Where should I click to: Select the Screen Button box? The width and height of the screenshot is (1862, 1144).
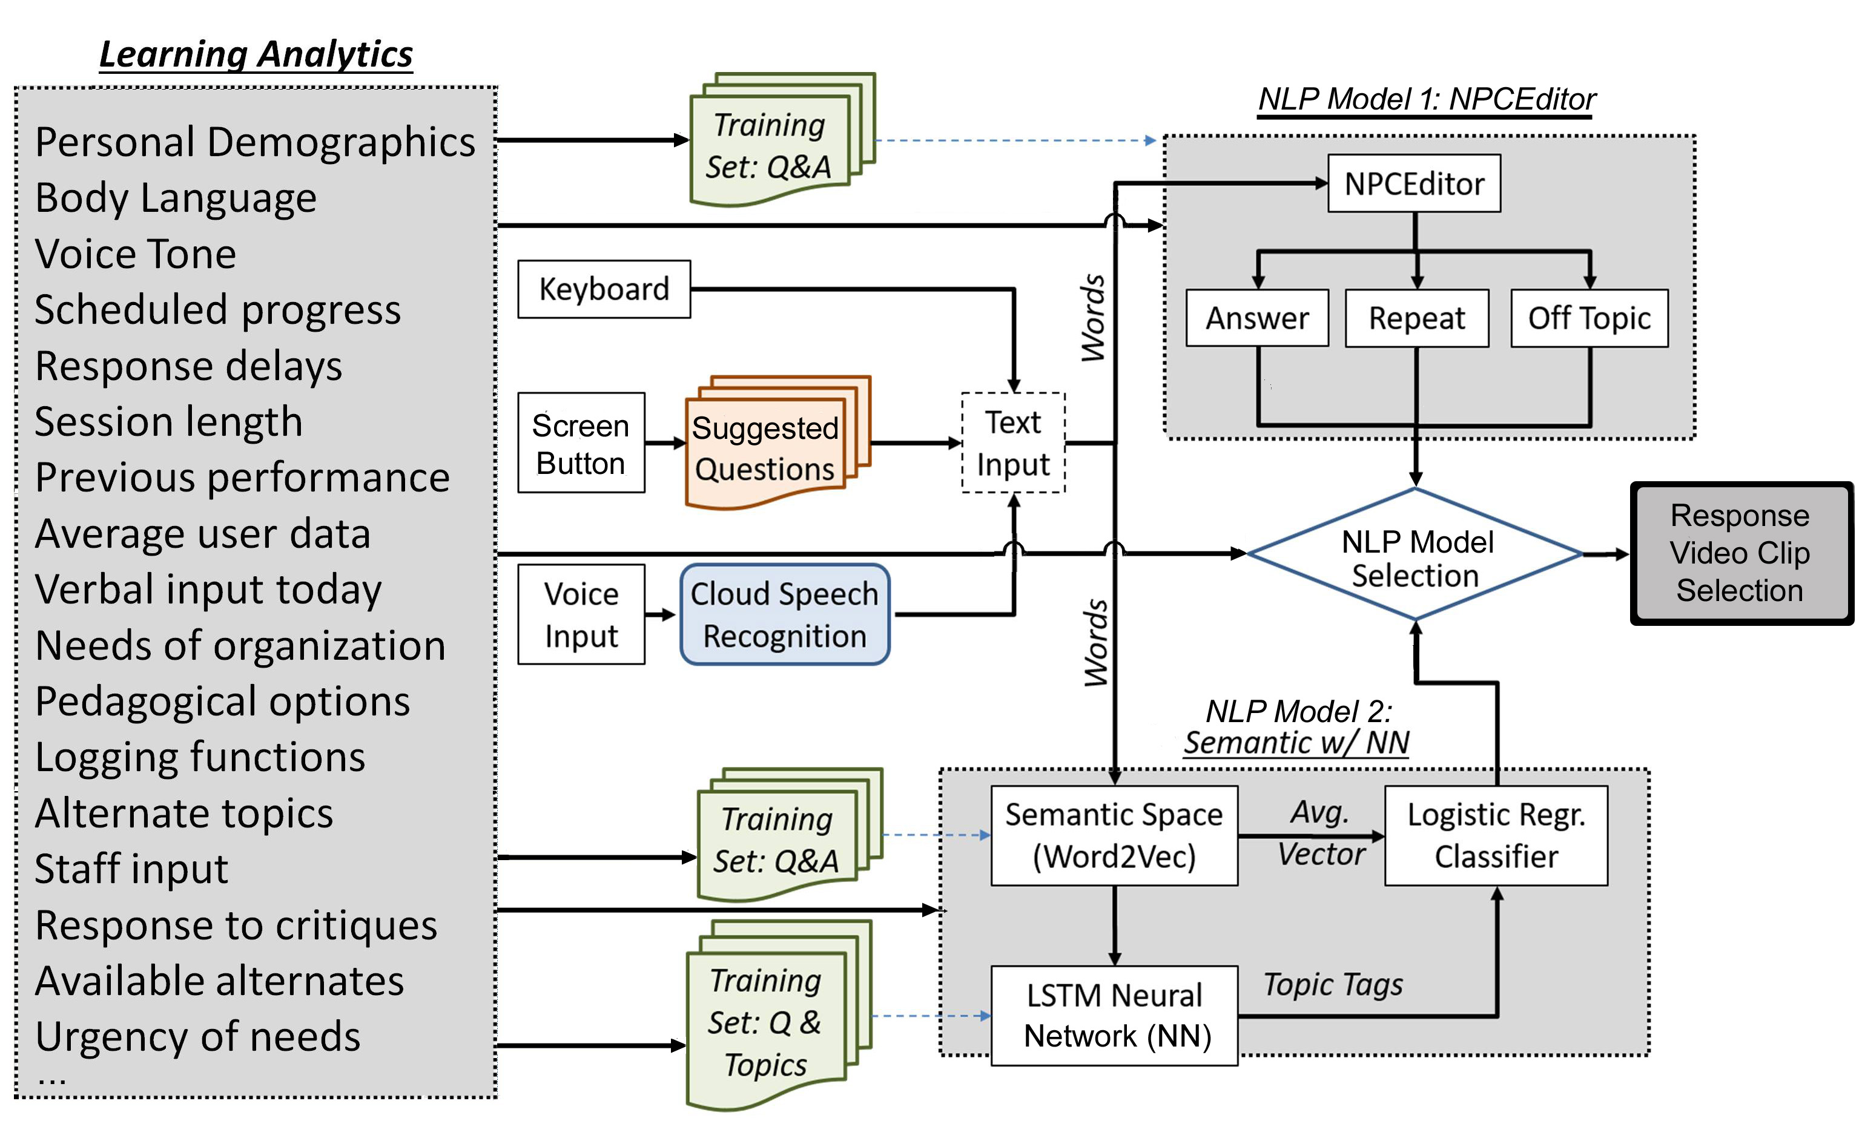(x=581, y=443)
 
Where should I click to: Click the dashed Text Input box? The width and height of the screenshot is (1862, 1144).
(x=1012, y=443)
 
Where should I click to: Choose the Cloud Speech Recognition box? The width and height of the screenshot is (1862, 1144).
(x=784, y=614)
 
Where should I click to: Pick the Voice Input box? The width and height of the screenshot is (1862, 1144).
(x=581, y=614)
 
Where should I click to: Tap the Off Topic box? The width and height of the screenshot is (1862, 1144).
(x=1589, y=318)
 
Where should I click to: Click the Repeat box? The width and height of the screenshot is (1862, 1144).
(x=1416, y=318)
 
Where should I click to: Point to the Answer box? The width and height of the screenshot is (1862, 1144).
(x=1256, y=318)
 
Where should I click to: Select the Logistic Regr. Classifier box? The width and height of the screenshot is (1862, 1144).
(x=1496, y=835)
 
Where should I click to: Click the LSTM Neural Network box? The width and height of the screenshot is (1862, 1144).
(x=1114, y=1016)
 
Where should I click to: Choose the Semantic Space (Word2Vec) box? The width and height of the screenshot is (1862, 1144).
(x=1114, y=835)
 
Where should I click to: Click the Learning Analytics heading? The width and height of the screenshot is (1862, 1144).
(x=256, y=54)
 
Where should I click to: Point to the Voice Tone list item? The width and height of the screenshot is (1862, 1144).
(x=136, y=254)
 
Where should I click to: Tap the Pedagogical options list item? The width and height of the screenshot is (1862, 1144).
(x=223, y=702)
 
